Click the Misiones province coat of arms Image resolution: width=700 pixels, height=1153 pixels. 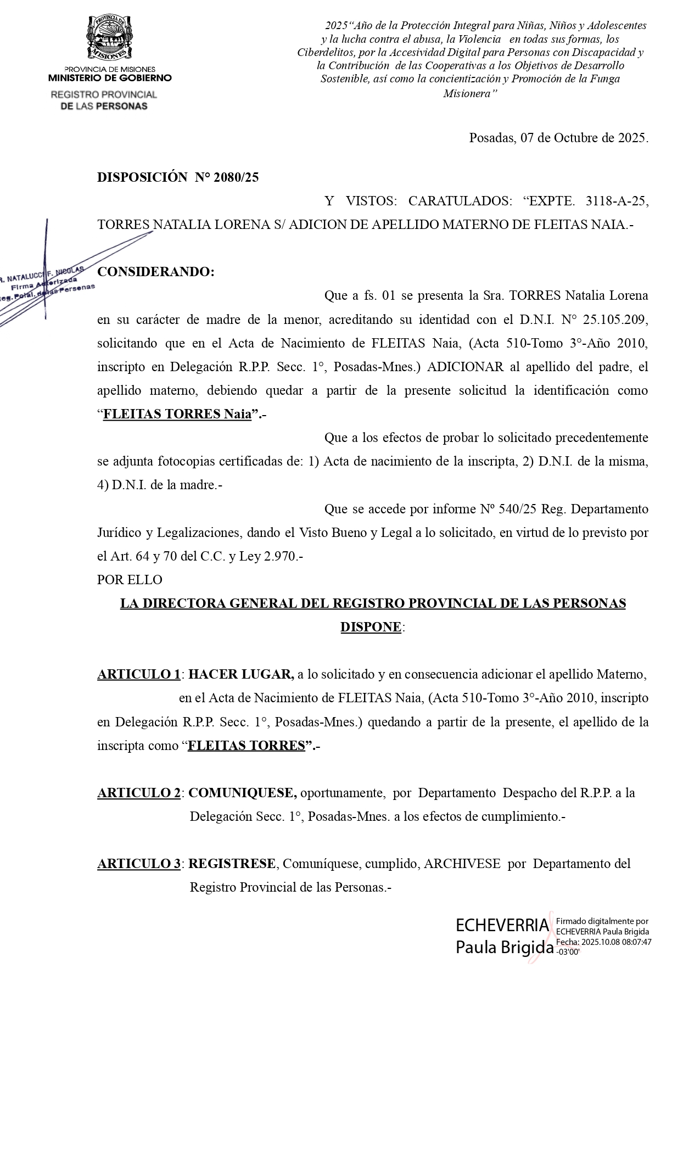pyautogui.click(x=110, y=38)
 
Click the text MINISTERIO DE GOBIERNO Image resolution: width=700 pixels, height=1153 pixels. pyautogui.click(x=110, y=78)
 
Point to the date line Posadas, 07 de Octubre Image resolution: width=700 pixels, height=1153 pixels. pyautogui.click(x=558, y=138)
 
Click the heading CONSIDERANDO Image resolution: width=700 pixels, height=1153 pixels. pyautogui.click(x=155, y=272)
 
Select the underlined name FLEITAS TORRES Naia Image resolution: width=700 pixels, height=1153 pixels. pyautogui.click(x=177, y=415)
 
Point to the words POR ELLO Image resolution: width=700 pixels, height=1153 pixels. pyautogui.click(x=130, y=580)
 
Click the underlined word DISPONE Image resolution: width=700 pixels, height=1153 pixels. pyautogui.click(x=371, y=627)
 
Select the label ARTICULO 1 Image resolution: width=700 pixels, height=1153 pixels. pyautogui.click(x=139, y=674)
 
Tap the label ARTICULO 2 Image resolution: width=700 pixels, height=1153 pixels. pyautogui.click(x=139, y=793)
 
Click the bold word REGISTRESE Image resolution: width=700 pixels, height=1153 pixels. pyautogui.click(x=232, y=864)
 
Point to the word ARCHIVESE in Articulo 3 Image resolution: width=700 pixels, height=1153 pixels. pyautogui.click(x=462, y=864)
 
